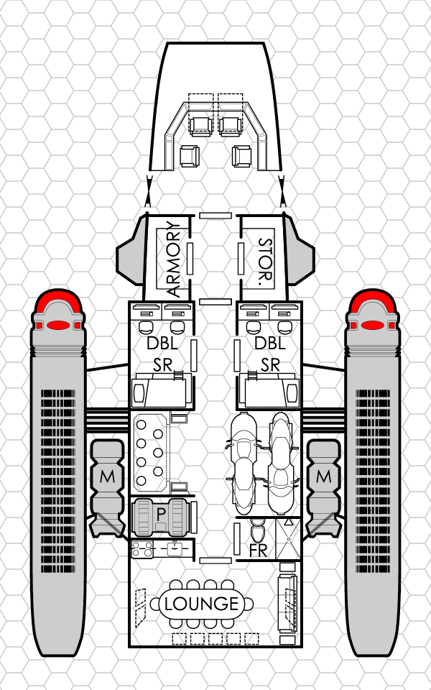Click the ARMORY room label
(x=173, y=260)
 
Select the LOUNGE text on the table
(x=201, y=604)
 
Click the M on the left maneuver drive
(x=107, y=476)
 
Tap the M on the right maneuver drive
(x=324, y=476)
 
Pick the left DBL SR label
(x=162, y=354)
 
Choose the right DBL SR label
(x=270, y=354)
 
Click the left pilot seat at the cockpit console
(x=200, y=126)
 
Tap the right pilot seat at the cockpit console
(x=231, y=126)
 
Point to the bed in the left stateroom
(x=161, y=392)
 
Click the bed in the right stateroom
(x=270, y=392)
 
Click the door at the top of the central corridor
(x=215, y=215)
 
